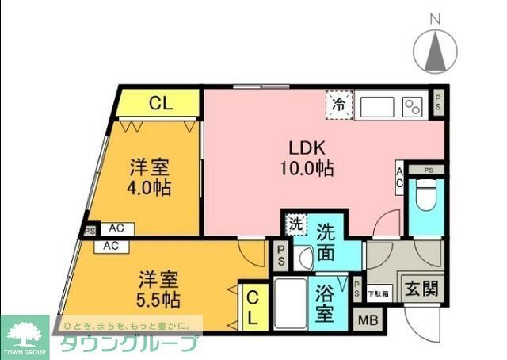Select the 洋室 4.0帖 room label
coord(151,179)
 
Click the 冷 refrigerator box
coord(338,104)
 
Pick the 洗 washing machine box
coord(294,224)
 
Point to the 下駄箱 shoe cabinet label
coord(378,293)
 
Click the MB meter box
coord(367,320)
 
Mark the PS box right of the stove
coord(439,101)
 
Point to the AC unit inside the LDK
coord(400,177)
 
